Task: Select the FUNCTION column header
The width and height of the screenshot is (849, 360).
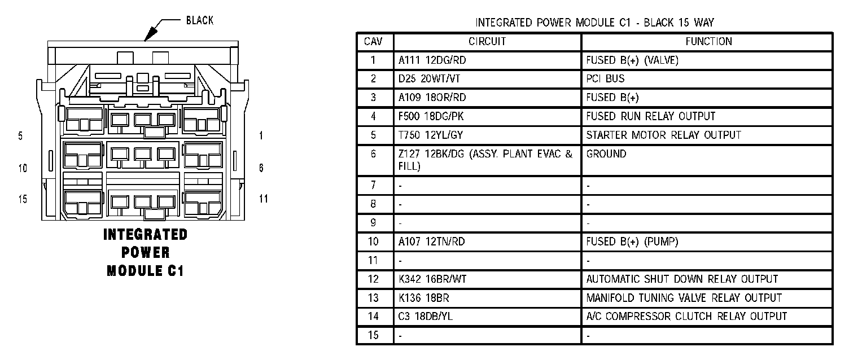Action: pos(708,42)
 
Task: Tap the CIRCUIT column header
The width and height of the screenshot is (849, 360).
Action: pos(487,42)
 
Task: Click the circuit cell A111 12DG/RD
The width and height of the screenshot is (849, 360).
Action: pos(432,60)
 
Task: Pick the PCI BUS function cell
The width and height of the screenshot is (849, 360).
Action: pos(605,79)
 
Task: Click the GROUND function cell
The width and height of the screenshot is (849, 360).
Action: pos(606,154)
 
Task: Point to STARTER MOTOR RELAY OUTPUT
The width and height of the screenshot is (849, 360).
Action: pos(663,135)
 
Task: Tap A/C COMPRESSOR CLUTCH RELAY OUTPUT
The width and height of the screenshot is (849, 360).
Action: pos(686,317)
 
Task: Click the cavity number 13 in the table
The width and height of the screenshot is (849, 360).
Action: pos(373,298)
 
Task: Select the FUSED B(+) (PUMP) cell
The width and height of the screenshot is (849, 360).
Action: pos(632,242)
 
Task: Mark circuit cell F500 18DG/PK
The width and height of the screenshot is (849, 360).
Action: pos(432,117)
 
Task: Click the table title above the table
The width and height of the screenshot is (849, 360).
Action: pos(594,23)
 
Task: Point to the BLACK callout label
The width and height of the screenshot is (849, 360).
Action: pos(199,21)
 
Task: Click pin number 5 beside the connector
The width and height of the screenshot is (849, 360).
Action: pos(21,136)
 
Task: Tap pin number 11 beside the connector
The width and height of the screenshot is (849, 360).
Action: pos(263,199)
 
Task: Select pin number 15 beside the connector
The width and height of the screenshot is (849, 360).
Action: pos(23,199)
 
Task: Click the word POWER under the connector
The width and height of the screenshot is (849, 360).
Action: pos(146,253)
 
